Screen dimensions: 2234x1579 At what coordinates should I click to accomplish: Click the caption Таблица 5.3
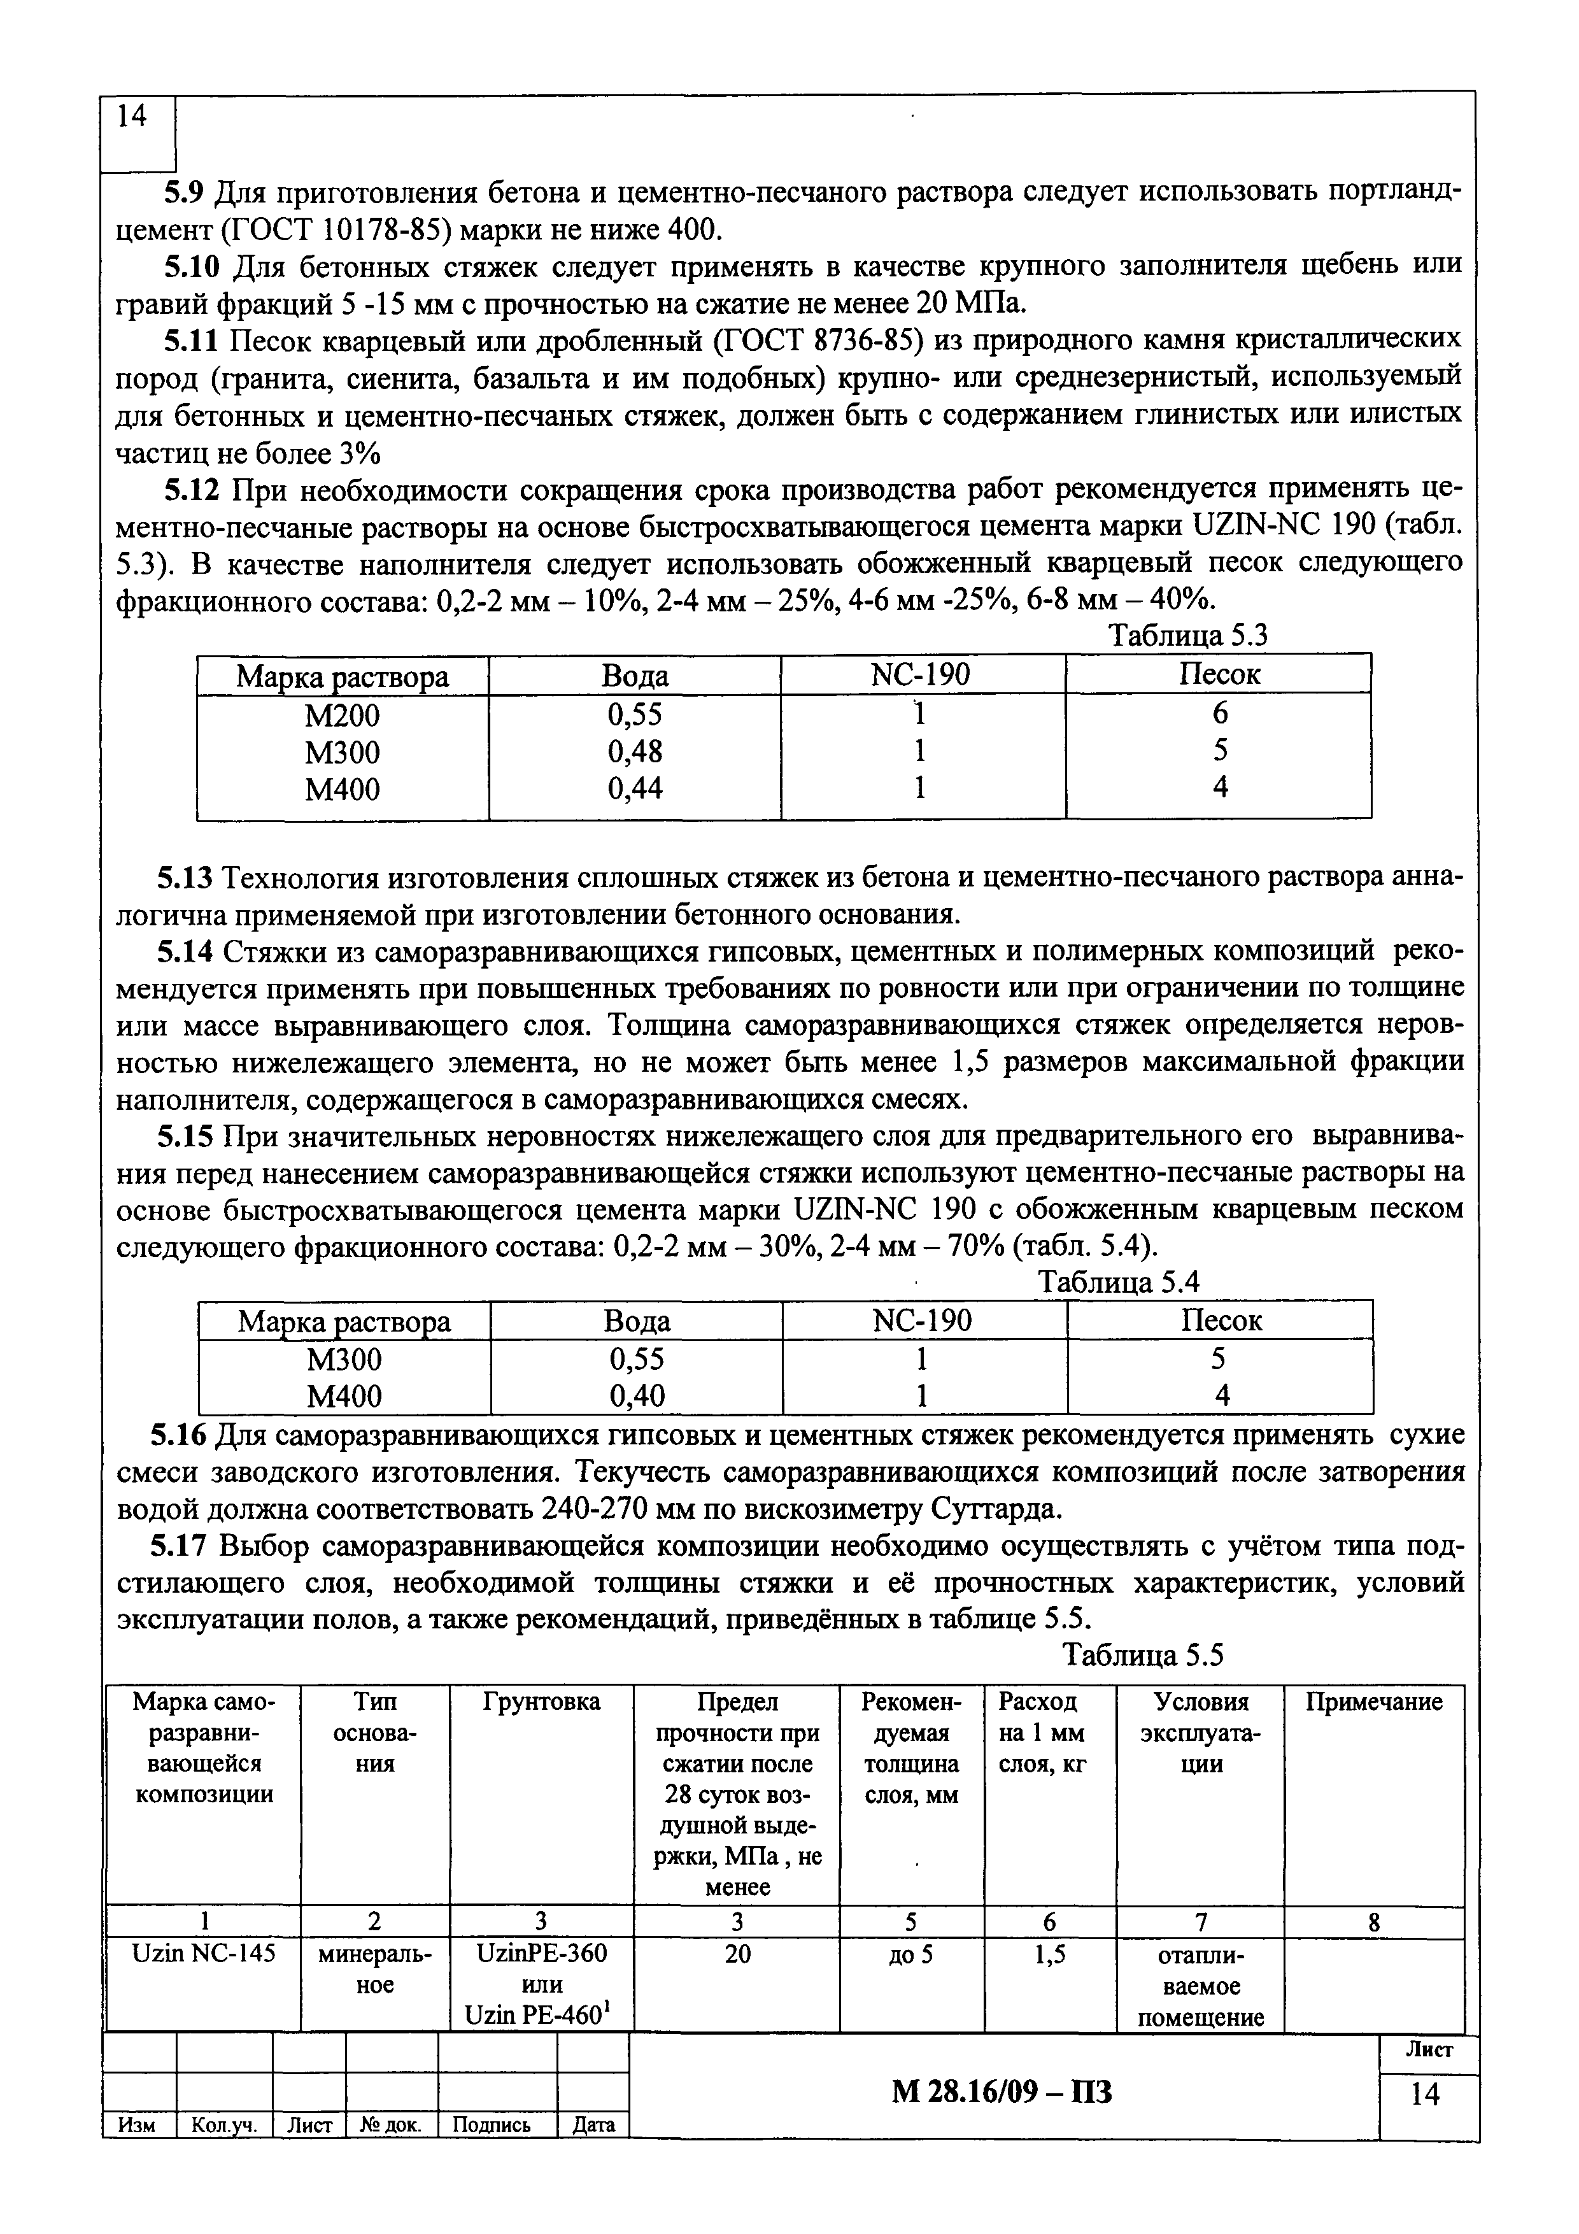point(1189,636)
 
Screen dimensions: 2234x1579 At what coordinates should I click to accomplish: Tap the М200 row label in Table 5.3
point(343,715)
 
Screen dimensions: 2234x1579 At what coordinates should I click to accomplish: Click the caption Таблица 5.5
point(1142,1655)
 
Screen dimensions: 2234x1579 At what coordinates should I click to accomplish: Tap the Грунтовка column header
point(541,1702)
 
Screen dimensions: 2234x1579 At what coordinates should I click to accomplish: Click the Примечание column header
point(1374,1702)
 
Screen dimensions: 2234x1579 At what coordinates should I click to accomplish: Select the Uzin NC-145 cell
point(203,1952)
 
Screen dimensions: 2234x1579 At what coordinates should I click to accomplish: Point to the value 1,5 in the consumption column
point(1049,1952)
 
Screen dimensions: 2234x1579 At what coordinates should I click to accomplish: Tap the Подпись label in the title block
point(497,2125)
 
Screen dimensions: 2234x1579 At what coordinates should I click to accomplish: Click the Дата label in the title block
point(593,2125)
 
